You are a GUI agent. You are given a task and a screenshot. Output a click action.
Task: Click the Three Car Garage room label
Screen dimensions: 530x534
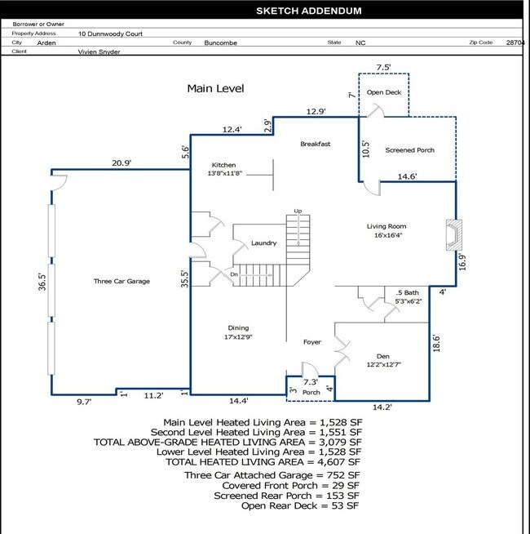coord(121,282)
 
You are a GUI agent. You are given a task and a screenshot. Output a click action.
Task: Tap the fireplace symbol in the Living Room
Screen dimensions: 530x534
coord(454,235)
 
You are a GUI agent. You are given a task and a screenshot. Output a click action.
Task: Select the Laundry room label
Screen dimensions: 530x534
coord(263,243)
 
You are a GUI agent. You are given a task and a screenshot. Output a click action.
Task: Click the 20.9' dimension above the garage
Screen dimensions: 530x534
coord(121,163)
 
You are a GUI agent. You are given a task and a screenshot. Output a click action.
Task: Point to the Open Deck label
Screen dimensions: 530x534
coord(384,92)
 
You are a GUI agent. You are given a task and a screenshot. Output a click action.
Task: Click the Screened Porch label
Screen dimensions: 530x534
coord(409,150)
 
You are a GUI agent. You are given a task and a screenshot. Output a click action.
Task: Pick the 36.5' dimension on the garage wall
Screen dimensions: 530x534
coord(42,282)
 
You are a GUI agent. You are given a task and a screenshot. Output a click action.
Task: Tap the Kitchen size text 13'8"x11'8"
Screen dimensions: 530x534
coord(224,173)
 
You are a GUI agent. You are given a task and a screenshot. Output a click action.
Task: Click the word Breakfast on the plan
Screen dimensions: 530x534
coord(315,144)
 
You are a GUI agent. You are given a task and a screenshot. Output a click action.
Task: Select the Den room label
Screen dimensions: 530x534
coord(383,356)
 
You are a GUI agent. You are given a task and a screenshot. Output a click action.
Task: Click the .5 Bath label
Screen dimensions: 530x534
coord(407,292)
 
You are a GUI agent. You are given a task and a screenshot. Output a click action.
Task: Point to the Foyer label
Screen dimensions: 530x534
coord(312,342)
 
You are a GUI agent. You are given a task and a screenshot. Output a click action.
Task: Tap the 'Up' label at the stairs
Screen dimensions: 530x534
coord(298,211)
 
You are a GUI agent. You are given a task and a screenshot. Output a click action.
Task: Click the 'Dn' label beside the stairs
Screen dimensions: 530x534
coord(234,274)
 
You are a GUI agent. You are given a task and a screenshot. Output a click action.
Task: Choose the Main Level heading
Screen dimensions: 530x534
coord(215,88)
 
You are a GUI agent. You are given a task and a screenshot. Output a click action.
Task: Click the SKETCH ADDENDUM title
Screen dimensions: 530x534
coord(308,11)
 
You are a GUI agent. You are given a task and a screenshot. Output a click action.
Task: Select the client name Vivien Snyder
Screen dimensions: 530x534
coord(99,52)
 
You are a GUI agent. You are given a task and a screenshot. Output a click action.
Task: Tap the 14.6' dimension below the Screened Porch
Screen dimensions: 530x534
coord(407,176)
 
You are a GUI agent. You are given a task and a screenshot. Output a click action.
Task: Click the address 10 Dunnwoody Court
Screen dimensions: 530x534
coord(110,33)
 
